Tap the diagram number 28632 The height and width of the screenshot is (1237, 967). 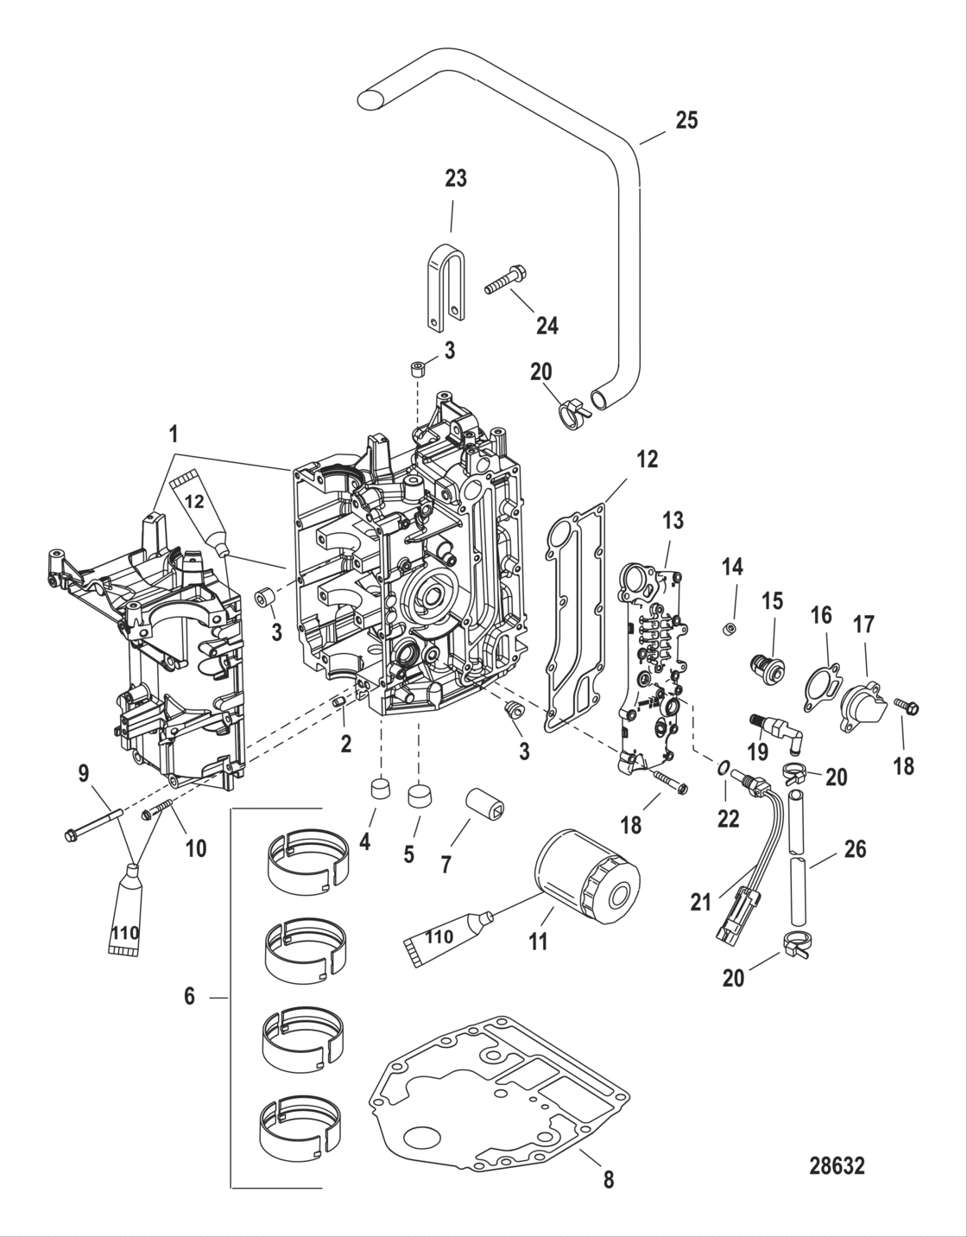(x=837, y=1166)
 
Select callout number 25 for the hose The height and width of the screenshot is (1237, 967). (x=686, y=120)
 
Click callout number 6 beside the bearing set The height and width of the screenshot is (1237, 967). (x=190, y=996)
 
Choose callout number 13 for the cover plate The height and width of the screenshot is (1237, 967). (x=673, y=520)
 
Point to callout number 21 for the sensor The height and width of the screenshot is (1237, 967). (x=700, y=902)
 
